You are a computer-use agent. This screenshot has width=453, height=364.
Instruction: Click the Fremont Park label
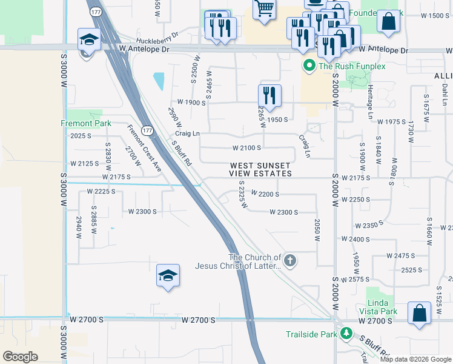coord(85,123)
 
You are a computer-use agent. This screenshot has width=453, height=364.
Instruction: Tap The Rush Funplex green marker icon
coord(309,66)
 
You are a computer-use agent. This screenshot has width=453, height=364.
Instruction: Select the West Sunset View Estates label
coord(260,169)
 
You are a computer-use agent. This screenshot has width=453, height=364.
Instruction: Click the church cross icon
coord(290,261)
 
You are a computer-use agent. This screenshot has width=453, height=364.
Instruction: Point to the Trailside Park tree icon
coord(346,334)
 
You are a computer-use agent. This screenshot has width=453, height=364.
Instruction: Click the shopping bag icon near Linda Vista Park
coord(419,313)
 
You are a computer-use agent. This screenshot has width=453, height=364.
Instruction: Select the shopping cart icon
coord(264,10)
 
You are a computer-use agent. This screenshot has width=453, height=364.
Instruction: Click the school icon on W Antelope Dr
coord(89,40)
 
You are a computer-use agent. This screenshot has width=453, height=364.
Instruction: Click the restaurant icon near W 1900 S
coord(269,95)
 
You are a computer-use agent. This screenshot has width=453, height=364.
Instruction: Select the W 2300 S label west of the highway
coord(142,212)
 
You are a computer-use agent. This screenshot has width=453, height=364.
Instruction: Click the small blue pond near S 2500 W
coord(159,81)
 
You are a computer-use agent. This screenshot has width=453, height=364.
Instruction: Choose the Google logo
coord(20,357)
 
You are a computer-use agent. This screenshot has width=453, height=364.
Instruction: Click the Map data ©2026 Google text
coord(415,359)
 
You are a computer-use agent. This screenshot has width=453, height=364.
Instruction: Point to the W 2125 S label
coord(84,164)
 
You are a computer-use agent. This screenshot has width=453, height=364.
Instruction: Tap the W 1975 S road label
coord(391,122)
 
